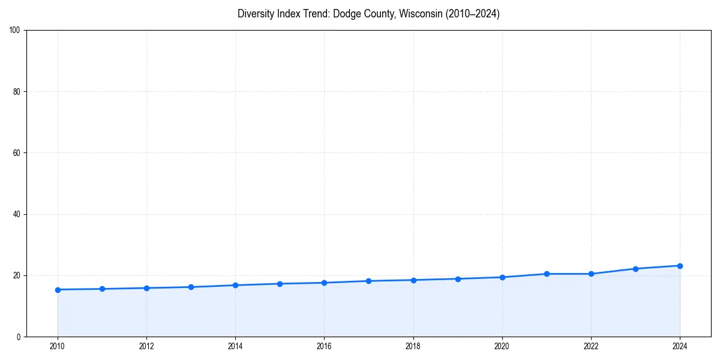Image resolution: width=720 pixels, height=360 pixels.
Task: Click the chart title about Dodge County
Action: pyautogui.click(x=368, y=14)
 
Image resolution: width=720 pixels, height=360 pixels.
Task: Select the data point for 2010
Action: pyautogui.click(x=58, y=290)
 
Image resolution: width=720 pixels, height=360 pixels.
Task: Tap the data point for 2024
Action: pyautogui.click(x=680, y=266)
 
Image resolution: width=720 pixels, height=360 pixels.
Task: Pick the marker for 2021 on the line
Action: pyautogui.click(x=547, y=274)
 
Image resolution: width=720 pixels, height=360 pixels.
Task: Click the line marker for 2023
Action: pyautogui.click(x=635, y=269)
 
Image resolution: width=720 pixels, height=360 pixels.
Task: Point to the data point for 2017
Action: pyautogui.click(x=368, y=281)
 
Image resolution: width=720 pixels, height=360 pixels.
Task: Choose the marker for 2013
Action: pyautogui.click(x=191, y=287)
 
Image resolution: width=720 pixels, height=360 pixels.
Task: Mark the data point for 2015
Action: pyautogui.click(x=280, y=284)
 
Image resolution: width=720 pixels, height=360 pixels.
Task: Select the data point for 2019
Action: pyautogui.click(x=458, y=279)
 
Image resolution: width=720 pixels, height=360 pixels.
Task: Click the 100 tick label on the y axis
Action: pyautogui.click(x=16, y=31)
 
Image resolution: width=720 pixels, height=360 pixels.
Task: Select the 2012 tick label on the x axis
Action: pyautogui.click(x=146, y=346)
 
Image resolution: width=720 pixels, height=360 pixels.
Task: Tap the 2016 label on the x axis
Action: pyautogui.click(x=324, y=346)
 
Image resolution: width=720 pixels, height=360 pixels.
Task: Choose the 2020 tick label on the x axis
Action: pyautogui.click(x=502, y=346)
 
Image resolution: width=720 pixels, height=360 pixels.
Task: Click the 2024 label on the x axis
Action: pyautogui.click(x=680, y=346)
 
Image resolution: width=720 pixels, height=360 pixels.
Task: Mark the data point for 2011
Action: pyautogui.click(x=102, y=289)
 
